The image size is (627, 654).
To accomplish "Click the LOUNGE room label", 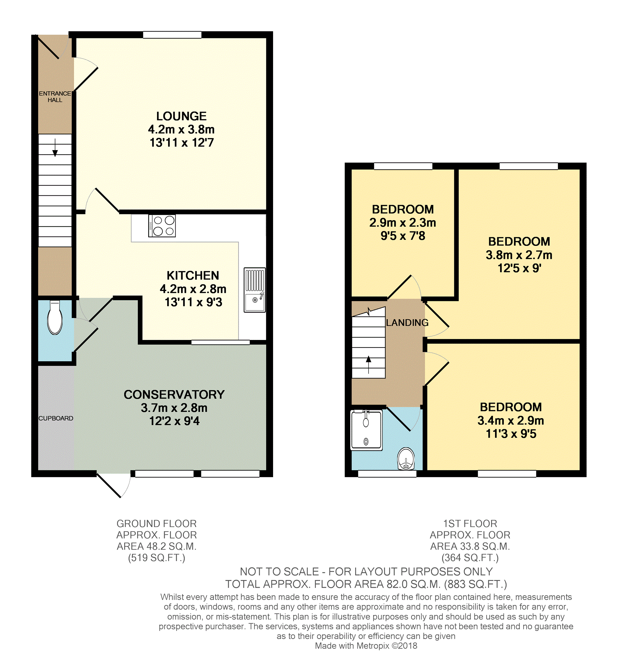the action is (181, 116).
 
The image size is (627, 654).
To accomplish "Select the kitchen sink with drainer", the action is (255, 290).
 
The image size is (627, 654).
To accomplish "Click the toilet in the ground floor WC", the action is (55, 317).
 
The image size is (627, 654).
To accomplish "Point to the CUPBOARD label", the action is (56, 418).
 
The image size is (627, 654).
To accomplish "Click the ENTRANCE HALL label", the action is (55, 97).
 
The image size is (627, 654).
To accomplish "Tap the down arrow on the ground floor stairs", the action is (55, 147).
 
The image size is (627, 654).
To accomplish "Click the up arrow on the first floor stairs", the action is (368, 365).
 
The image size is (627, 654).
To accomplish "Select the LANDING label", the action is (407, 322).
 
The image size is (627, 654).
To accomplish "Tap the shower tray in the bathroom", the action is (366, 430).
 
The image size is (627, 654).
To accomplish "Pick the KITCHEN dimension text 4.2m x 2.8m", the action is (193, 289).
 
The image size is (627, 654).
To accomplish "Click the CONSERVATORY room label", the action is (174, 395).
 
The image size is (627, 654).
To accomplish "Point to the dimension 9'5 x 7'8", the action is (403, 236).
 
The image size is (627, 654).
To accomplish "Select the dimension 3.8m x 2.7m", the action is (519, 255).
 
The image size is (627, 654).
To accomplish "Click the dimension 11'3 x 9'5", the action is (511, 434).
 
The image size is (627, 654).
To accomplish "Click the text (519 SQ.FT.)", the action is (156, 558).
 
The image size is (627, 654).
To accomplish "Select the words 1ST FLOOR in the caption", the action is (470, 524).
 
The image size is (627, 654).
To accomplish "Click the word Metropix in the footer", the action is (373, 646).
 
